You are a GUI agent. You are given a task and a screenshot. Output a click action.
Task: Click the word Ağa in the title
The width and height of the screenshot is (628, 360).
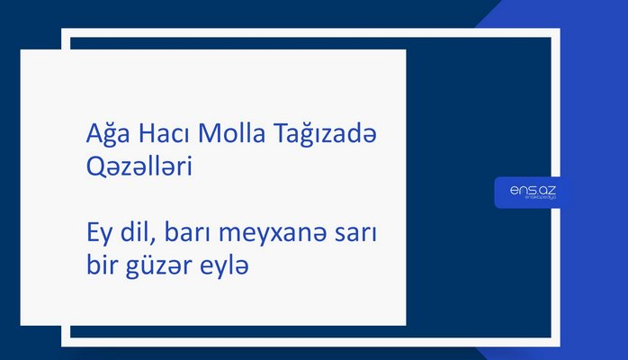pyautogui.click(x=96, y=136)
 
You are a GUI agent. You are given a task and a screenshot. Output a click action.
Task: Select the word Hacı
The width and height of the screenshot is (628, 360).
pyautogui.click(x=156, y=136)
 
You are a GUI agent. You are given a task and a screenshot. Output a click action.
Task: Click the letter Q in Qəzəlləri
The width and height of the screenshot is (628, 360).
pyautogui.click(x=86, y=167)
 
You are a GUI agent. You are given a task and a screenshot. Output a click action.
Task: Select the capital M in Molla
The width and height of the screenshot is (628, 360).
pyautogui.click(x=208, y=136)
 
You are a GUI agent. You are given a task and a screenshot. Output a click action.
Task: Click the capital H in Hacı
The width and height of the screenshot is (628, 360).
pyautogui.click(x=136, y=136)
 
